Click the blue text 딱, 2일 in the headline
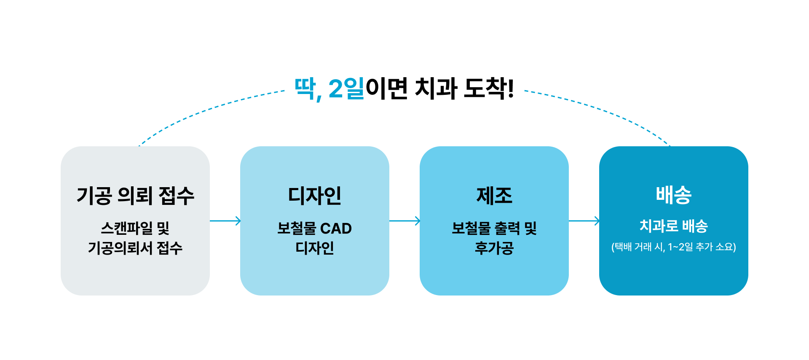click(329, 89)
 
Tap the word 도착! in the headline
click(489, 89)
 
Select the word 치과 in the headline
click(436, 89)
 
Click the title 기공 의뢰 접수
click(135, 196)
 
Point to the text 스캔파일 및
click(135, 228)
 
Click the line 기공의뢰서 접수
click(135, 248)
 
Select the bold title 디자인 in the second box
click(315, 196)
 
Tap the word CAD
click(336, 228)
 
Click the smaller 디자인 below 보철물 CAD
click(315, 248)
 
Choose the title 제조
click(494, 196)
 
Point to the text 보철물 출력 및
click(494, 228)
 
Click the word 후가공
click(494, 248)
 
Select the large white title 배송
click(674, 195)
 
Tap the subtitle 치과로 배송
click(674, 226)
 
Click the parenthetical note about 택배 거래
click(674, 247)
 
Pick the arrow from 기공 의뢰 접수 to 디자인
click(225, 220)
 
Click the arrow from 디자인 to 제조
click(404, 220)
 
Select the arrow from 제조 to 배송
click(584, 220)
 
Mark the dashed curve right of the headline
click(607, 110)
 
